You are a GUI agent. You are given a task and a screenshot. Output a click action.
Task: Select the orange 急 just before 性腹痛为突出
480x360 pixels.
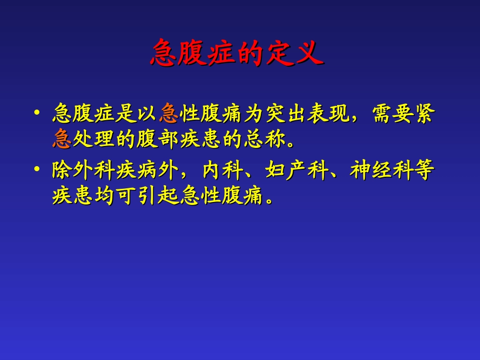click(x=168, y=114)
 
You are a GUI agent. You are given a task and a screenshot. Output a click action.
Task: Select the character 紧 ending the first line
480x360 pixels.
click(x=423, y=114)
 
